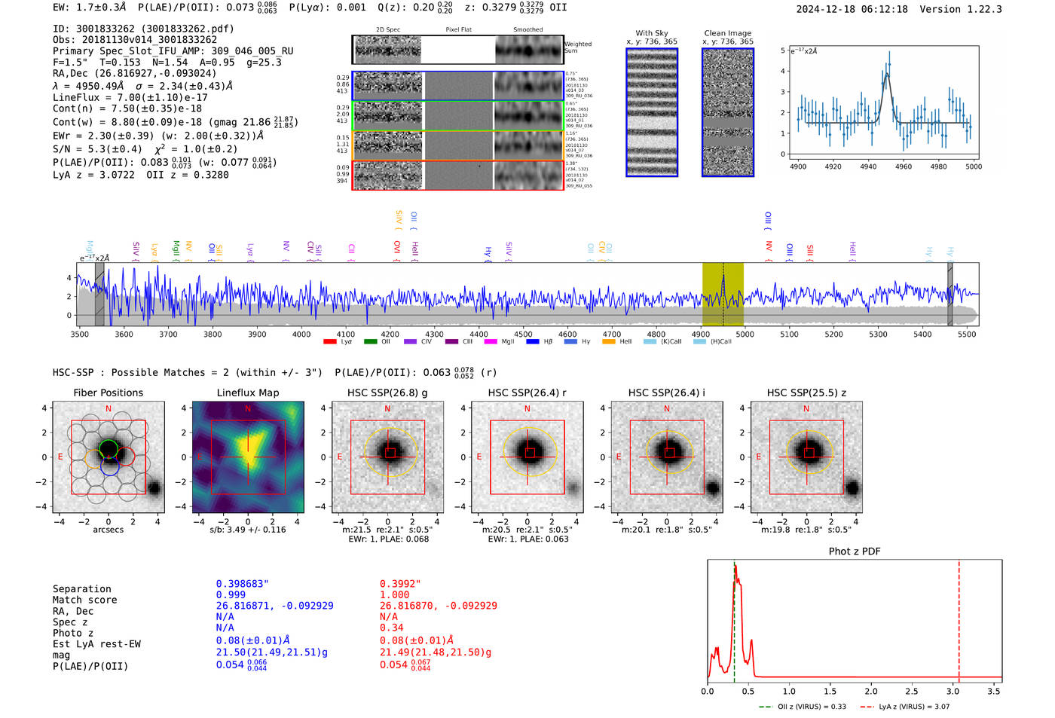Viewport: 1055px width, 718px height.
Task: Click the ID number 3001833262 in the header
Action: [x=105, y=29]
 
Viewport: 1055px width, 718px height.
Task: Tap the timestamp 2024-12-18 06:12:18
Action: [x=852, y=9]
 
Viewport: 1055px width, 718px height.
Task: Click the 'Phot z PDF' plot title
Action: [x=854, y=551]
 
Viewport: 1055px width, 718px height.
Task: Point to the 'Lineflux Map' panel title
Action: [x=247, y=393]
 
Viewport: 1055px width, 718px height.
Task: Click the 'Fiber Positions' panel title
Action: [x=108, y=393]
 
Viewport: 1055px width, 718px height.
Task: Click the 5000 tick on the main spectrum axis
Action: [x=745, y=334]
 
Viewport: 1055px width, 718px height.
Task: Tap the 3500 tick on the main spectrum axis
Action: [x=79, y=334]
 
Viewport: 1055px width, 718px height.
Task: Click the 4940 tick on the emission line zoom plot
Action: [x=867, y=167]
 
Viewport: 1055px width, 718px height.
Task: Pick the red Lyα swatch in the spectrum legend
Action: [x=329, y=342]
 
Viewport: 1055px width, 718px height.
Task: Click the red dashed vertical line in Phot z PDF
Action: [x=959, y=618]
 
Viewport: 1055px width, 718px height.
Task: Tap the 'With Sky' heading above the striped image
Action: [x=651, y=33]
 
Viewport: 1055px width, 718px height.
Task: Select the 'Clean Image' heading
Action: [x=727, y=33]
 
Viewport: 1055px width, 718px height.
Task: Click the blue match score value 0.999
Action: [x=231, y=594]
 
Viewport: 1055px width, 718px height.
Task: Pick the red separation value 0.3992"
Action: [x=400, y=584]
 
